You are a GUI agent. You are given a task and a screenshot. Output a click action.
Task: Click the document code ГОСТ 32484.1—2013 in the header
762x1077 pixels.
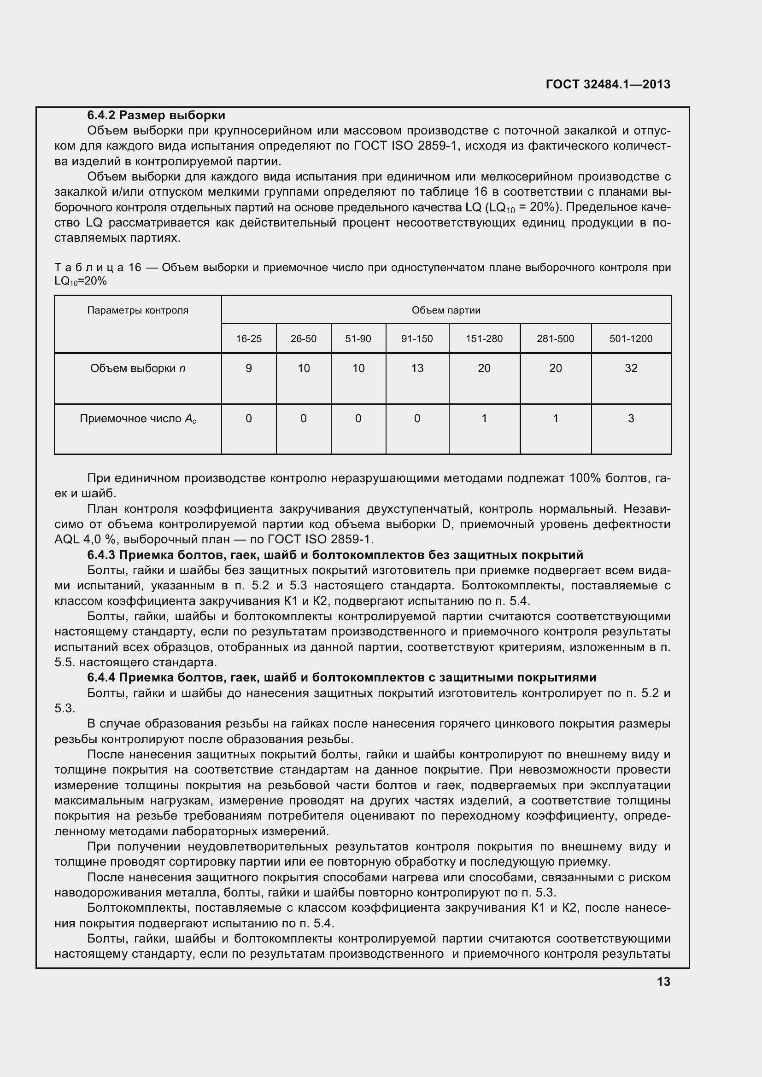[x=608, y=84]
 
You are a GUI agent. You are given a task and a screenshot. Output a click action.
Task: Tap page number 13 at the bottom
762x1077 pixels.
[x=663, y=982]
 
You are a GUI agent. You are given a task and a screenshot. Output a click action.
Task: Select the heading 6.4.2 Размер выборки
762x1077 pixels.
[x=156, y=116]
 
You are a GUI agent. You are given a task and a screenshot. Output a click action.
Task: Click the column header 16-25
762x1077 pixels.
[x=249, y=339]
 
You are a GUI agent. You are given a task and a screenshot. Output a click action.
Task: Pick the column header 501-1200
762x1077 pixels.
[x=631, y=339]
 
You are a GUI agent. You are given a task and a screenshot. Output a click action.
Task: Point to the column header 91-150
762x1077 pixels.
[x=416, y=339]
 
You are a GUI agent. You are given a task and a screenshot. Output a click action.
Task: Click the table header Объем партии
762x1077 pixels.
[x=446, y=310]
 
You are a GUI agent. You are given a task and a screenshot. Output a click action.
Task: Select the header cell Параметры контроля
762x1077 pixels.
[x=137, y=310]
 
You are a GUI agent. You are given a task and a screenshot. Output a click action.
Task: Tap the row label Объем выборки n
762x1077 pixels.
[x=137, y=368]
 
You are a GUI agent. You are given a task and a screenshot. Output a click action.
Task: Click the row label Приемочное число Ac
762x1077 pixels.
[x=137, y=419]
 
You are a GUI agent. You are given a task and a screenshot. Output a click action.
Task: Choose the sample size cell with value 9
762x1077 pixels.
[x=249, y=368]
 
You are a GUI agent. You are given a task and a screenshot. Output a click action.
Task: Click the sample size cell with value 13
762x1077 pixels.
[x=416, y=368]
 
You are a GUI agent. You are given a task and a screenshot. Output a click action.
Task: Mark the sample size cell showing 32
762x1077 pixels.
[x=631, y=368]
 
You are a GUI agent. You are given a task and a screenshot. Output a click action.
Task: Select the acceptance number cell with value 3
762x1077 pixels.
[x=631, y=419]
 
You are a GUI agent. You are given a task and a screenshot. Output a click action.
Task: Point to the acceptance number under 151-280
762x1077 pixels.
[x=484, y=419]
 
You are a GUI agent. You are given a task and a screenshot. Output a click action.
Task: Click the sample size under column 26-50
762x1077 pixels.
[x=304, y=368]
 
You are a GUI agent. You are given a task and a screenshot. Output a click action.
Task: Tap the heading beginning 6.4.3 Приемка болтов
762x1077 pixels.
[x=335, y=555]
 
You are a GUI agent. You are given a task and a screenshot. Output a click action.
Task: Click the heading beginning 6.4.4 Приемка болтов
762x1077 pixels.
[x=341, y=677]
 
